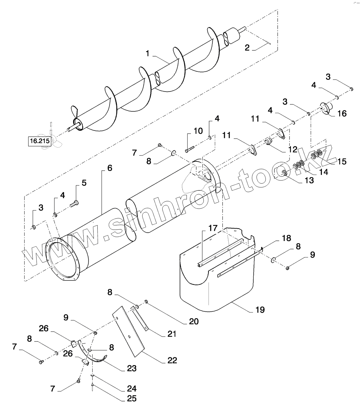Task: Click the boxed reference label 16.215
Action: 40,141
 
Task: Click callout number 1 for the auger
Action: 147,54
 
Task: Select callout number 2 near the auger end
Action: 247,48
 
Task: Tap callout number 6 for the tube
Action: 110,168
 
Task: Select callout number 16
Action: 342,114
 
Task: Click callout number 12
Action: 293,149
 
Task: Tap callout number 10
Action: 198,131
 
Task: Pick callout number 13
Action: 309,180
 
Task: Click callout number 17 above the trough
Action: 213,228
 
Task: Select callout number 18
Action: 287,238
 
